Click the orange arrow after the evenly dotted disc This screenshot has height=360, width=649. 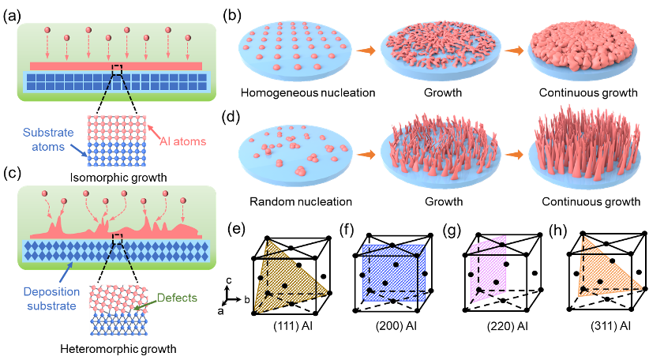[366, 51]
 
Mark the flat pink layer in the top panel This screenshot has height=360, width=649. [116, 66]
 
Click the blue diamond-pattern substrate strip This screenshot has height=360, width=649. [116, 250]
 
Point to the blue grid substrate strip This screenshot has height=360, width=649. [116, 81]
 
